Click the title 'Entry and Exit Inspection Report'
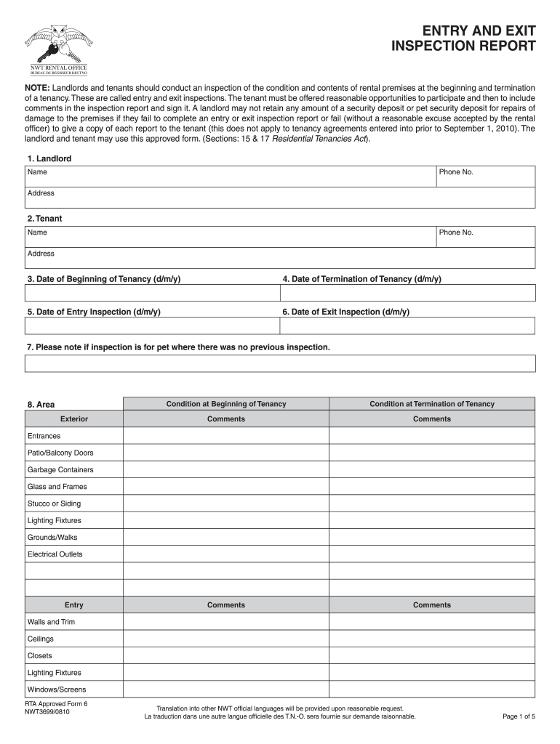[464, 39]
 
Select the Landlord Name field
[231, 177]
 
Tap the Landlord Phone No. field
[485, 177]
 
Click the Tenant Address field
[280, 258]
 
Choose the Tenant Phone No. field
[485, 237]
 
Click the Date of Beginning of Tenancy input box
[153, 293]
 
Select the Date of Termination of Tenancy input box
[408, 293]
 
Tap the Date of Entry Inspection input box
[153, 325]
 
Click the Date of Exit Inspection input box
[408, 325]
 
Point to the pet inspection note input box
[280, 363]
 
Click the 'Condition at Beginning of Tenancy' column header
[226, 404]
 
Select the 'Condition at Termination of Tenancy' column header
[432, 404]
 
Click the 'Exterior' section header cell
[74, 419]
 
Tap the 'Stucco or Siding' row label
[55, 504]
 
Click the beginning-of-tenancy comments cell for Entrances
[226, 436]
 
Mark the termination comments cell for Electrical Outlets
[432, 554]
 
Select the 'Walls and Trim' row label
[51, 622]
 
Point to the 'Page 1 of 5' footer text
[519, 716]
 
